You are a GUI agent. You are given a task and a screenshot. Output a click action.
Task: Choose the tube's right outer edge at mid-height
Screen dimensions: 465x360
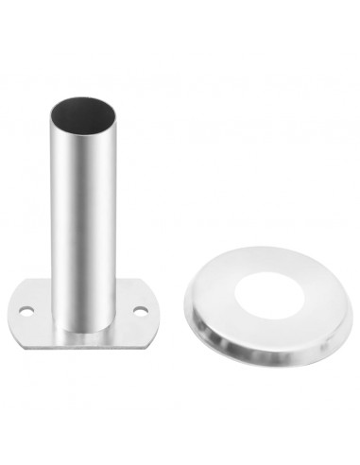(x=119, y=217)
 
